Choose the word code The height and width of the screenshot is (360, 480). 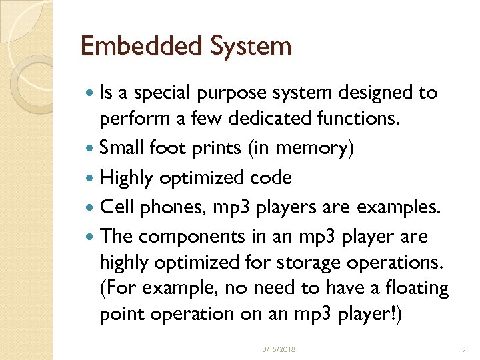271,178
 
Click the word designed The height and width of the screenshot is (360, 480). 376,93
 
